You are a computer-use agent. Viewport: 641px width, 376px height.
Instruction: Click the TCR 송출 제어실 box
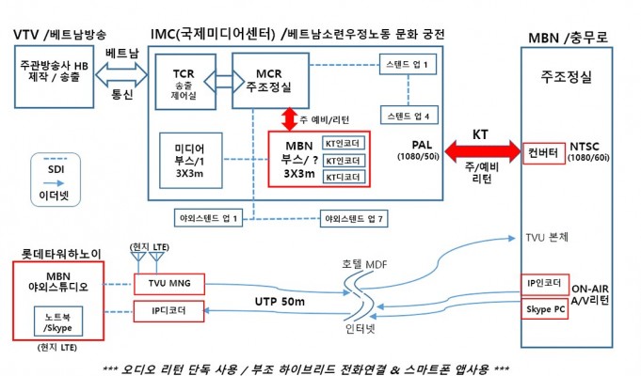(x=185, y=82)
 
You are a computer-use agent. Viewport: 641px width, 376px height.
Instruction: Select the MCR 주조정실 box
(x=270, y=81)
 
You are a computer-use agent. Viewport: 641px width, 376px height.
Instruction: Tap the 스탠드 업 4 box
(x=409, y=115)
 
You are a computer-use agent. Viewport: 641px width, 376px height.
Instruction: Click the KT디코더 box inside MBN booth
(x=344, y=177)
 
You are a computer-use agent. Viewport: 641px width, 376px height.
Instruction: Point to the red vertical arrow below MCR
(x=290, y=119)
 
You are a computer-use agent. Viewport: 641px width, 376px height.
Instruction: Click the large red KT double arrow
(x=482, y=151)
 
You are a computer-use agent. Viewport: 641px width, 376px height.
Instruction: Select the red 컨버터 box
(x=544, y=153)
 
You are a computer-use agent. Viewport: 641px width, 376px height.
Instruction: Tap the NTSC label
(x=585, y=146)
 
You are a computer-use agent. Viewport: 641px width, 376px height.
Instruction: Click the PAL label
(x=422, y=145)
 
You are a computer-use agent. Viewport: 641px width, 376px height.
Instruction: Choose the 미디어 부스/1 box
(x=191, y=161)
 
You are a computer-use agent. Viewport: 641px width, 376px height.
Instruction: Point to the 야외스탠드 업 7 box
(x=354, y=219)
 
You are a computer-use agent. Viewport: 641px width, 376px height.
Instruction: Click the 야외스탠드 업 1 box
(x=208, y=218)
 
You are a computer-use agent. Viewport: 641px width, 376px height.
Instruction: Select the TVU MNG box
(x=169, y=284)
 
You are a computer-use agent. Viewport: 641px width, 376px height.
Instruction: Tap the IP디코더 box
(x=168, y=311)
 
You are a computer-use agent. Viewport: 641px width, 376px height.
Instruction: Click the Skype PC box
(x=545, y=309)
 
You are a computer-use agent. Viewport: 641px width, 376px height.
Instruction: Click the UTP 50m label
(x=280, y=302)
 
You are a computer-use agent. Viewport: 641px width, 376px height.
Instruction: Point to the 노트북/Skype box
(x=58, y=321)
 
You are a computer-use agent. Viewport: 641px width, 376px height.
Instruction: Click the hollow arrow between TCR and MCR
(x=224, y=82)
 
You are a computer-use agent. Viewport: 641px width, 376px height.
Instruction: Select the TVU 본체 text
(x=547, y=238)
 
